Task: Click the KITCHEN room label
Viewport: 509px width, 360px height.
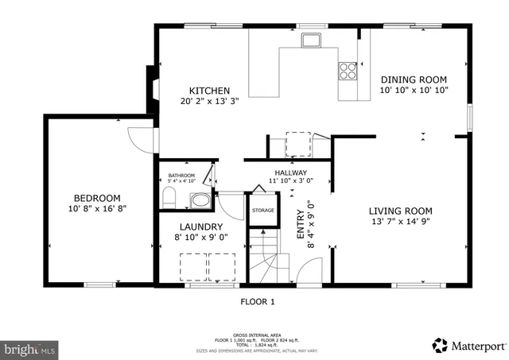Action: pyautogui.click(x=209, y=91)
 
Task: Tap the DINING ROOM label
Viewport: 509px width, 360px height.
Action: pyautogui.click(x=413, y=79)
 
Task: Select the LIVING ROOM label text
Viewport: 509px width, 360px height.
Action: pyautogui.click(x=400, y=211)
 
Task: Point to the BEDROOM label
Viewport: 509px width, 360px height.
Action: pyautogui.click(x=97, y=198)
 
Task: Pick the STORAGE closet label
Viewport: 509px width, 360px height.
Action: pyautogui.click(x=263, y=210)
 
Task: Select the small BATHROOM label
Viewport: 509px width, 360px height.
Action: pyautogui.click(x=181, y=176)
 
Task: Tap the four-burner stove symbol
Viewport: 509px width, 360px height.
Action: pyautogui.click(x=348, y=70)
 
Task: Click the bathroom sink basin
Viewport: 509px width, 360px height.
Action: pyautogui.click(x=202, y=199)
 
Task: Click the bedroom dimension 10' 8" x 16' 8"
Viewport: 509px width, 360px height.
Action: pyautogui.click(x=97, y=208)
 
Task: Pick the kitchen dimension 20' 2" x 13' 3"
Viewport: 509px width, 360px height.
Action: pyautogui.click(x=209, y=101)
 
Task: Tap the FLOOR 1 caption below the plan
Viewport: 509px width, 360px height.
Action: pyautogui.click(x=257, y=301)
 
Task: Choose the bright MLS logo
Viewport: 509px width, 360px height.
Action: pyautogui.click(x=30, y=347)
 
